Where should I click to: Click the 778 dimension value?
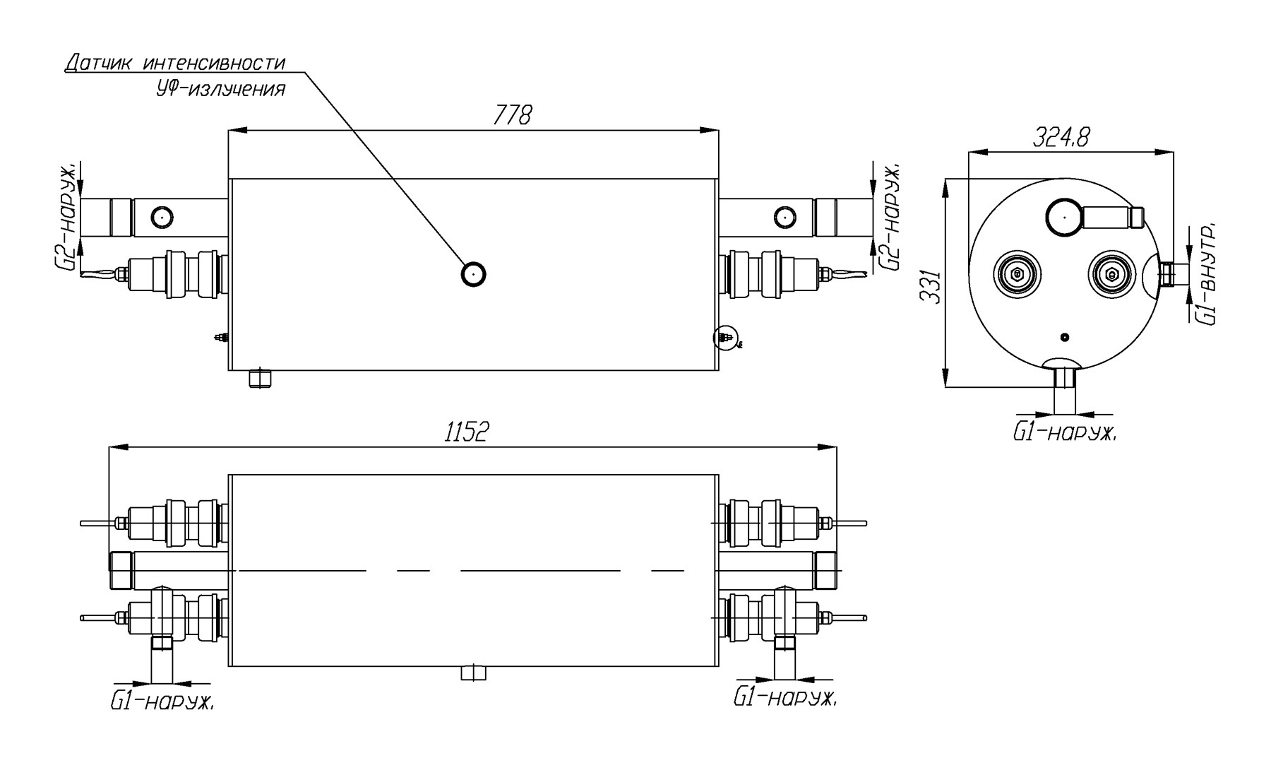tap(513, 115)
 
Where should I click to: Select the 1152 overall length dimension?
tap(467, 432)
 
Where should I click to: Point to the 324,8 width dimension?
tap(1061, 137)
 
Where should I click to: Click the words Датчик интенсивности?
tap(176, 63)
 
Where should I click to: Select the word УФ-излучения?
tap(220, 90)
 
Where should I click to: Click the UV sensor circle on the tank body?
tap(473, 273)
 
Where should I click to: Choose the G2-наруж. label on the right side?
tap(890, 217)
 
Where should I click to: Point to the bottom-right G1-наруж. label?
tap(786, 697)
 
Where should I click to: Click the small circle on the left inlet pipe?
tap(162, 217)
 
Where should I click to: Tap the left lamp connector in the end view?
tap(1017, 274)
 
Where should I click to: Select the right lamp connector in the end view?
tap(1112, 274)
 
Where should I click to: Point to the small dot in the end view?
tap(1065, 336)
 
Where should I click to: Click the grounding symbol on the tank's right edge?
tap(724, 338)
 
